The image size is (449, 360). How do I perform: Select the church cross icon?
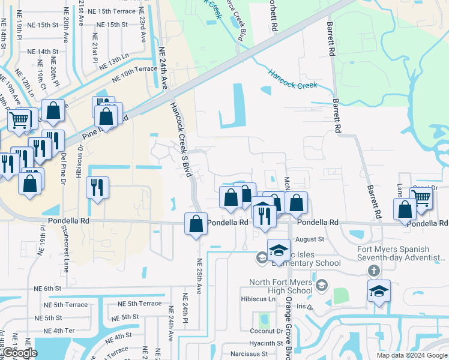click(374, 271)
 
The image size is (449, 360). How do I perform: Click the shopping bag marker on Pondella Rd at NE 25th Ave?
click(196, 225)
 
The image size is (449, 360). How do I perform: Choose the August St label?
click(310, 239)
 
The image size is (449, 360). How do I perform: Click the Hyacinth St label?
click(266, 343)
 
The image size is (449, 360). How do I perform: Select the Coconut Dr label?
click(267, 331)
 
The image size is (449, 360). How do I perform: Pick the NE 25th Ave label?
click(199, 277)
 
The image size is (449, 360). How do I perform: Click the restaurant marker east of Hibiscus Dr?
click(97, 188)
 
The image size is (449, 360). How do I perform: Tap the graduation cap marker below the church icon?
click(379, 291)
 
